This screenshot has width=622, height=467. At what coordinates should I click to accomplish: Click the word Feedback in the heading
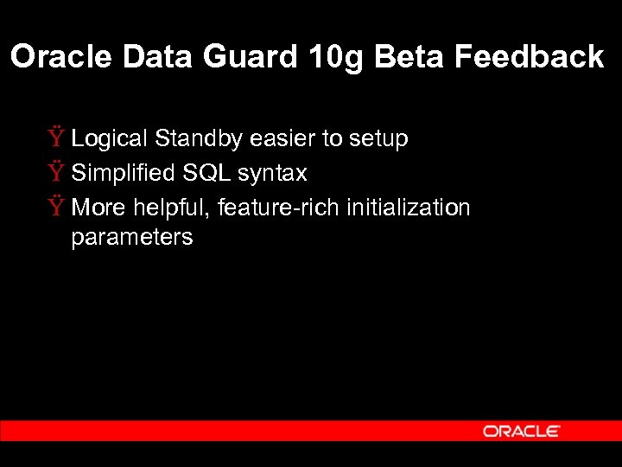[529, 57]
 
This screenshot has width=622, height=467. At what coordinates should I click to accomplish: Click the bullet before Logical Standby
[56, 138]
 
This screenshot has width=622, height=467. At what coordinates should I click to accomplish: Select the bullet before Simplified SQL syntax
[56, 173]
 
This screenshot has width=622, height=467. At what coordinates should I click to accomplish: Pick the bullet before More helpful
[56, 208]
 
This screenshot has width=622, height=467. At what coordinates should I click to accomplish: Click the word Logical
[110, 138]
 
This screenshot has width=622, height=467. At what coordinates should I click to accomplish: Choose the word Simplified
[123, 173]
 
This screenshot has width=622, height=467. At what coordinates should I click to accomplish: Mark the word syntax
[272, 174]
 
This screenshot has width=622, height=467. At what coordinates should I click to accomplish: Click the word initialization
[408, 208]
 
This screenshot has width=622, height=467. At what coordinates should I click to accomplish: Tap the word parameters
[132, 238]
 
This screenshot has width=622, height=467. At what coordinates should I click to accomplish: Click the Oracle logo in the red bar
[522, 431]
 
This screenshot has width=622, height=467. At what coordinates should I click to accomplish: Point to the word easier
[283, 138]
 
